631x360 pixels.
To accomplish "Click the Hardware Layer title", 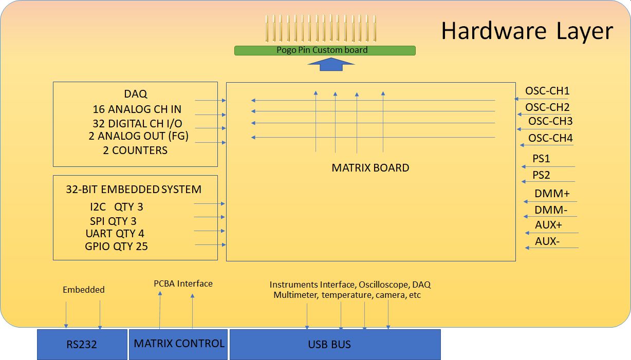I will (527, 31).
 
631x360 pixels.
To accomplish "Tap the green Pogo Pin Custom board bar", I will (324, 50).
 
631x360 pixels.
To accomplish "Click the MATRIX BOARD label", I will (370, 168).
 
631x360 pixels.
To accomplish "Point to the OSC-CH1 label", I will (547, 91).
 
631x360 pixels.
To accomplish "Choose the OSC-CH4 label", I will (550, 138).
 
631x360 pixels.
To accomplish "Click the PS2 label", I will (541, 175).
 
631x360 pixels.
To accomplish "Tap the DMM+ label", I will (552, 194).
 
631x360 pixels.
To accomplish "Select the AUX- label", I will (547, 241).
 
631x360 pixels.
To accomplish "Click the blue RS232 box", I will (82, 345).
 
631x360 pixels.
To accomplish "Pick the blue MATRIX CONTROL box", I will (179, 344).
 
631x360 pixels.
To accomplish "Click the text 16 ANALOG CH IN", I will (137, 109).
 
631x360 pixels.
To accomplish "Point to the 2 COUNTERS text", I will (135, 150).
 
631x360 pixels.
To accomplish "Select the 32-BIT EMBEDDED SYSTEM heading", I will (134, 190).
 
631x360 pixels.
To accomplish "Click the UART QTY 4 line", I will (115, 234).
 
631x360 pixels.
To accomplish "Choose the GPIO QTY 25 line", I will (116, 247).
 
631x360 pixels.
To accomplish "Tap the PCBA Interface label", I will (183, 283).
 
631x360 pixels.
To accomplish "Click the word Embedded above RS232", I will (83, 290).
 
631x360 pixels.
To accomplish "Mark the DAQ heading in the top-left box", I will (135, 94).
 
